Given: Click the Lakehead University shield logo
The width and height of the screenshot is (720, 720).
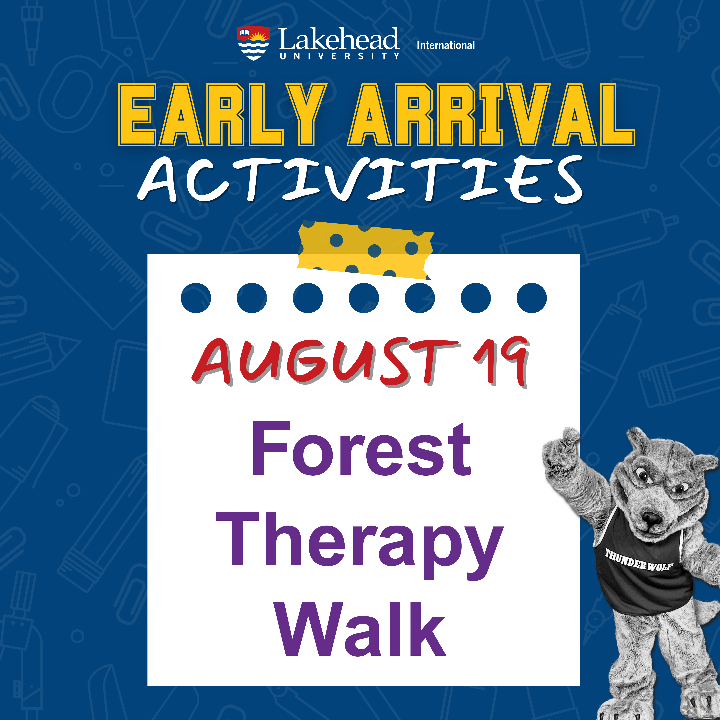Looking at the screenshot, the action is coord(253,43).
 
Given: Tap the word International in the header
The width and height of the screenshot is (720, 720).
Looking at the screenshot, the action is coord(446,45).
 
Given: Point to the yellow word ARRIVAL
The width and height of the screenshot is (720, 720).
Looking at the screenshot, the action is coord(491,114).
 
